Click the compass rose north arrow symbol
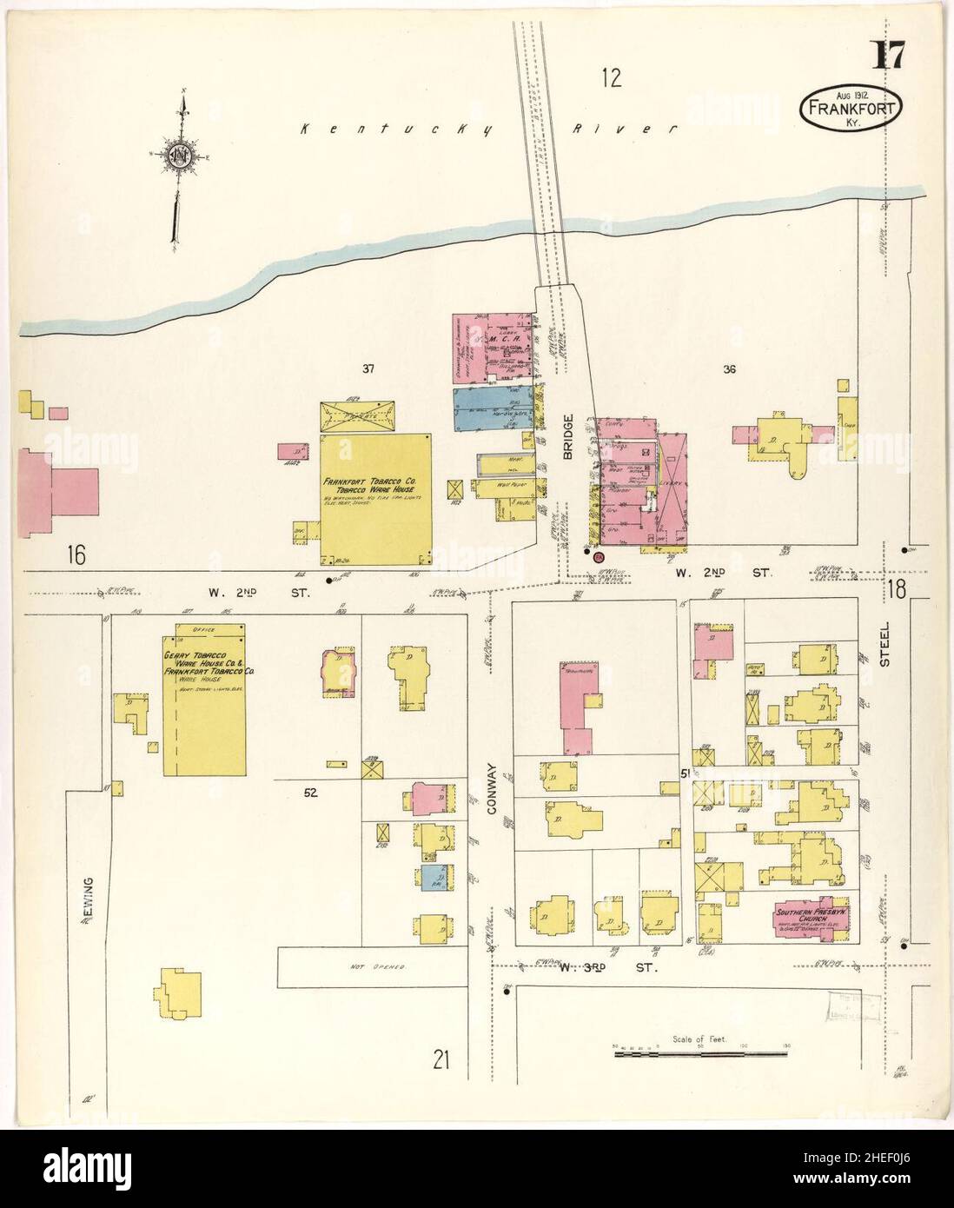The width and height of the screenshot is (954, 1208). (x=180, y=156)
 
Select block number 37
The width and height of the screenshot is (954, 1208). (x=368, y=369)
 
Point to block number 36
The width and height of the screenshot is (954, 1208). (x=728, y=369)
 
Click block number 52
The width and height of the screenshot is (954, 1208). (x=310, y=792)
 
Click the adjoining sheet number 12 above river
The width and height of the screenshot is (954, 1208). (x=612, y=79)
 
